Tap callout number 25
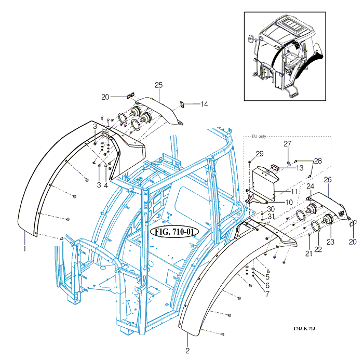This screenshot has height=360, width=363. (159, 85)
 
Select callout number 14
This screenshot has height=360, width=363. (204, 104)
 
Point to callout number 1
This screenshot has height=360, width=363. (24, 249)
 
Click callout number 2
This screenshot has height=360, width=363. (187, 351)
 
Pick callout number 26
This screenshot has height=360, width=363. (328, 180)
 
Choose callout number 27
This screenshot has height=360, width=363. (287, 143)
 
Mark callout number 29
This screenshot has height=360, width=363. (260, 154)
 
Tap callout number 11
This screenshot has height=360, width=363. (294, 192)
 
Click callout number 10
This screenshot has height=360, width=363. (290, 202)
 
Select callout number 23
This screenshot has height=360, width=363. (331, 242)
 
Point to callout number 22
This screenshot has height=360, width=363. (318, 250)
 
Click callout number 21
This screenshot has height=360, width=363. (309, 253)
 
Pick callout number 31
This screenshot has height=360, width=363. (271, 216)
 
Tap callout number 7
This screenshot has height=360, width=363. (267, 294)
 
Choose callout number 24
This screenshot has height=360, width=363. (310, 186)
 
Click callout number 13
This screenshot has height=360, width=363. (300, 168)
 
